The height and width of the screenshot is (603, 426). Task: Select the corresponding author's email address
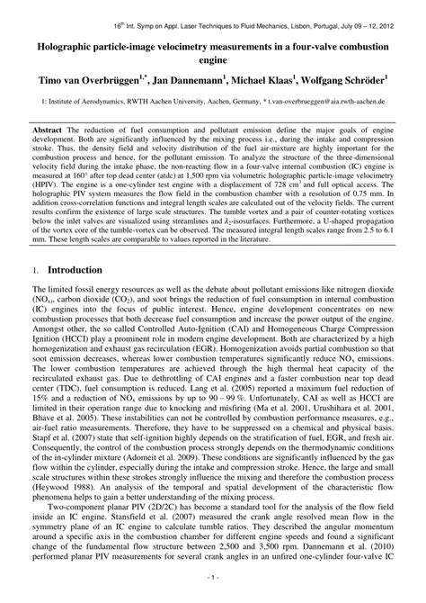pos(338,103)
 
